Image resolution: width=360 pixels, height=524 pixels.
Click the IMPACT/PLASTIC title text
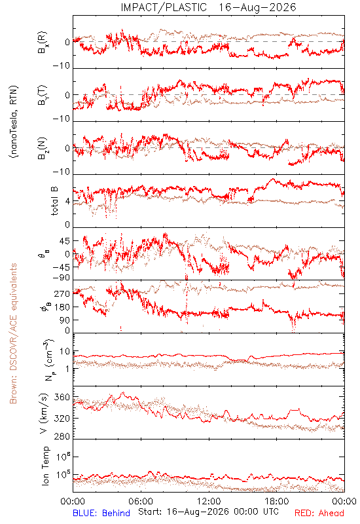click(x=164, y=7)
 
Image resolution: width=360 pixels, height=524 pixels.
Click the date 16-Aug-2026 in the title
click(x=257, y=7)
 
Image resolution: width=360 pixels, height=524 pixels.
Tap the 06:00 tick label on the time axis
click(x=141, y=502)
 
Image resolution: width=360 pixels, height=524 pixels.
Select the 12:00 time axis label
click(x=209, y=502)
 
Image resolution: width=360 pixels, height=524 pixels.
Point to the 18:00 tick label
click(x=277, y=502)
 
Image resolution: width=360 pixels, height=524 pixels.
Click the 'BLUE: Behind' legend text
click(x=101, y=513)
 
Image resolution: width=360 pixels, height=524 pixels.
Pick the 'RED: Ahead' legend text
click(x=319, y=513)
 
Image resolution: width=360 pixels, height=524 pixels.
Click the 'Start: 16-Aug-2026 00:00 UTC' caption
click(x=208, y=512)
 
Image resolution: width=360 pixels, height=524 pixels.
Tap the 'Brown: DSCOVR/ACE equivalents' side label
click(x=13, y=333)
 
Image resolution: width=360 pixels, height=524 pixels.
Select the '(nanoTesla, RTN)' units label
click(x=14, y=122)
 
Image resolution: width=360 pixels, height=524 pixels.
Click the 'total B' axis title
click(x=54, y=201)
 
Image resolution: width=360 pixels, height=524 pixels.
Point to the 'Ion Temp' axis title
click(x=45, y=466)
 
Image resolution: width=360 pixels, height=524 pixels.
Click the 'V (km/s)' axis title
click(x=44, y=413)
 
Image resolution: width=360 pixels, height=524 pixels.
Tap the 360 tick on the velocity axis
click(x=63, y=398)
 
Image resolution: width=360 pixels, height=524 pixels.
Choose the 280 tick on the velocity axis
click(x=63, y=436)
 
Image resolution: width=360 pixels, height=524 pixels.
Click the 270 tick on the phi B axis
click(x=63, y=293)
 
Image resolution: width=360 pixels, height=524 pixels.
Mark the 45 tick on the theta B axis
click(x=65, y=241)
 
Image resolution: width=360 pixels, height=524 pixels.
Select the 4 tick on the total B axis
click(x=68, y=201)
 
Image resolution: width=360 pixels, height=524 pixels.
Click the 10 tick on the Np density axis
click(x=65, y=352)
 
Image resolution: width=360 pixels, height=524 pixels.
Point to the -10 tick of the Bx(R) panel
click(x=62, y=66)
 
